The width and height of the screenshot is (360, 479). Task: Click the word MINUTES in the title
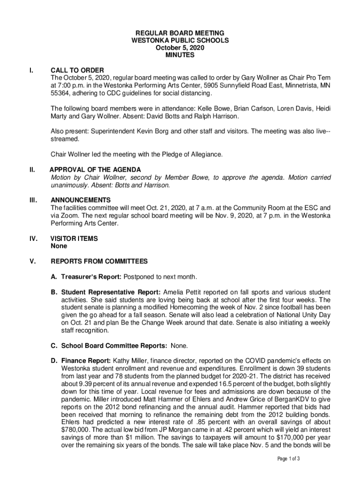(x=180, y=55)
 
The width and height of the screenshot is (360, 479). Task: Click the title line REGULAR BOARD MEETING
(x=180, y=33)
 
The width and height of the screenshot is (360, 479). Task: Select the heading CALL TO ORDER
(x=77, y=70)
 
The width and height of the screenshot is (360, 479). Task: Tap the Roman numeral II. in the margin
(x=32, y=169)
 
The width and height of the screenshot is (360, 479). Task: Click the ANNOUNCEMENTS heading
(x=81, y=200)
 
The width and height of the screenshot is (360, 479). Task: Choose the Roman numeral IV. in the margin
(x=33, y=238)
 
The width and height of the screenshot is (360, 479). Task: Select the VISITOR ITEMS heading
(x=74, y=238)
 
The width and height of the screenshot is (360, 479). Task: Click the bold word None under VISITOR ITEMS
(x=59, y=246)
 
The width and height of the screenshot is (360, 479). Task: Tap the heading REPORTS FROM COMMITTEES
(x=99, y=261)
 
